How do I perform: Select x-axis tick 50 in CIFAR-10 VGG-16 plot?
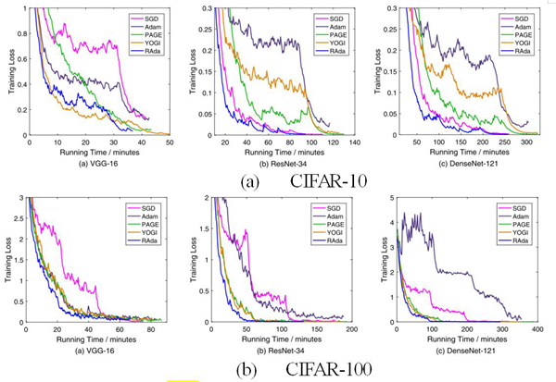tap(169, 143)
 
